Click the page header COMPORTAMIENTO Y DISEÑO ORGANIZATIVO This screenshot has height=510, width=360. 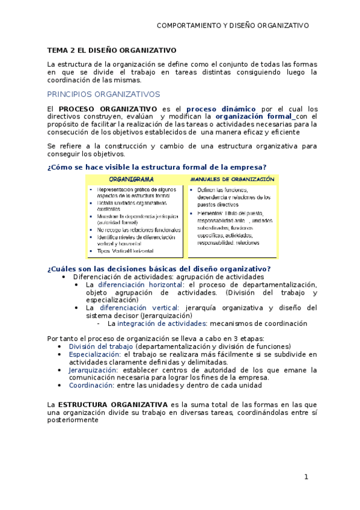[x=233, y=25]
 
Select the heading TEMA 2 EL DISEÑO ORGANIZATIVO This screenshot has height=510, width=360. [x=112, y=51]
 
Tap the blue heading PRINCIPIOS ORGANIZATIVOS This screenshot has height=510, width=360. [x=103, y=94]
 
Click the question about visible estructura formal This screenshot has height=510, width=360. [x=157, y=167]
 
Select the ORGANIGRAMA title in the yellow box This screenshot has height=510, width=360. [x=131, y=179]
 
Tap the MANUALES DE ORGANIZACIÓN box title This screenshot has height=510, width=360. [x=232, y=179]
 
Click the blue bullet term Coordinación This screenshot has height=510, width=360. [x=91, y=386]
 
